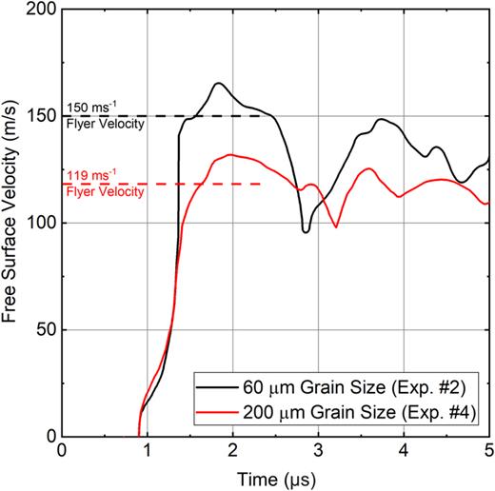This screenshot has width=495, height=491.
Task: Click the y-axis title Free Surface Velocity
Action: coord(12,221)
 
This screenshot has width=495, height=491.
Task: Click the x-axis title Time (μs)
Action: coord(275,476)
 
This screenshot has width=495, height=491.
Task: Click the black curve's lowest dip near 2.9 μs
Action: coord(306,231)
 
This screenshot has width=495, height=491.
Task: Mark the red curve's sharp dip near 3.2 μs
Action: coord(336,226)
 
